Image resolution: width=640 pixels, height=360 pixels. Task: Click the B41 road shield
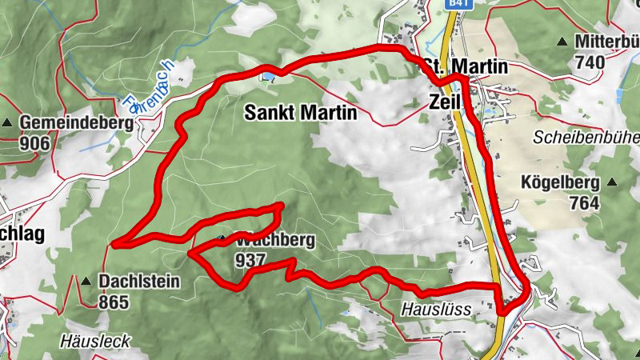(x=457, y=5)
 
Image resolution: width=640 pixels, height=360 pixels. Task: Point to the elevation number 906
(x=36, y=144)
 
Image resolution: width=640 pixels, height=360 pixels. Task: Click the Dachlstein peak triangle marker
(x=86, y=281)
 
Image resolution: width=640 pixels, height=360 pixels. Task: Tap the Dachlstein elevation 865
(x=114, y=302)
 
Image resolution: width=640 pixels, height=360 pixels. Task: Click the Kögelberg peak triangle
(x=612, y=182)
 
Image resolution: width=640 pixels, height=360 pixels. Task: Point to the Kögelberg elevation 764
(x=585, y=203)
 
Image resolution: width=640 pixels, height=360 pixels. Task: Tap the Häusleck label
(x=94, y=341)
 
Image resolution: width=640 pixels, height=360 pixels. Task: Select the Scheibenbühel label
(x=586, y=137)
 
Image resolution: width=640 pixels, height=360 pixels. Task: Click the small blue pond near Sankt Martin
(x=268, y=77)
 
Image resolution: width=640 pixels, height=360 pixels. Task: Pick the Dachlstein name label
(x=139, y=282)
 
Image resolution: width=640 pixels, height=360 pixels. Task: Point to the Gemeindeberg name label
(x=65, y=123)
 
